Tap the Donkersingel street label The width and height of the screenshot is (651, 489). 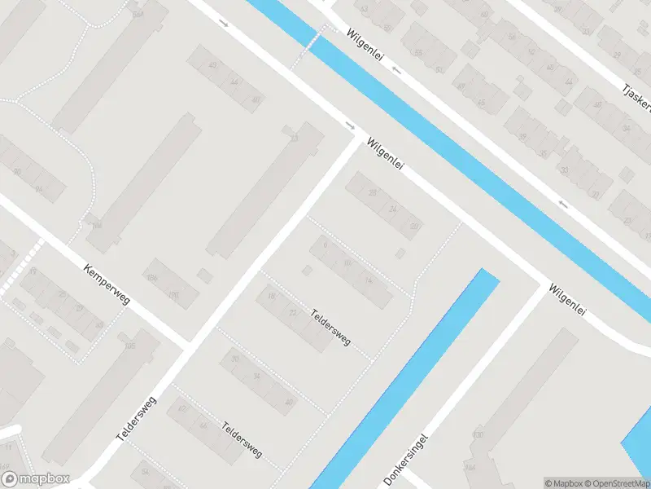pos(404,460)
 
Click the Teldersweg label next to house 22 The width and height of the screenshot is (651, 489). pos(331,326)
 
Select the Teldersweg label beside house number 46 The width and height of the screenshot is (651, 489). pos(242,440)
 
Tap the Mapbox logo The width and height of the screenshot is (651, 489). pos(37,478)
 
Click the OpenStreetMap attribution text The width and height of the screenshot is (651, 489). pos(615,483)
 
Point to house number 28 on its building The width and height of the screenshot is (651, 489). pos(373,193)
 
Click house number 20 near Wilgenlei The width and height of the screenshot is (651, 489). pos(414,226)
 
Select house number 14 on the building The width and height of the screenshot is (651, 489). pos(369,281)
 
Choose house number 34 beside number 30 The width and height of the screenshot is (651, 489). pos(257,376)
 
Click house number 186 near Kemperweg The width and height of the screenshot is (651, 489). pos(152,275)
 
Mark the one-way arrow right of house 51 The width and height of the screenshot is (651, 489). pos(397,71)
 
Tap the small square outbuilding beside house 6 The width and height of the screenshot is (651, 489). pos(307,270)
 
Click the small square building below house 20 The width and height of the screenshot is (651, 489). pos(400,254)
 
